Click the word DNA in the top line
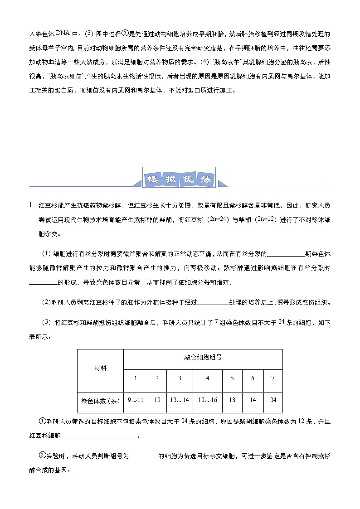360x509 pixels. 62,33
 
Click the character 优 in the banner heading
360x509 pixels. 188,179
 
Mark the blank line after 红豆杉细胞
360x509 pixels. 99,437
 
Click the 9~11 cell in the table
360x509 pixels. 136,401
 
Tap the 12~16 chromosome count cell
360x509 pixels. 208,401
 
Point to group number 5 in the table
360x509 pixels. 232,378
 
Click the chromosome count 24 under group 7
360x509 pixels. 273,401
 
